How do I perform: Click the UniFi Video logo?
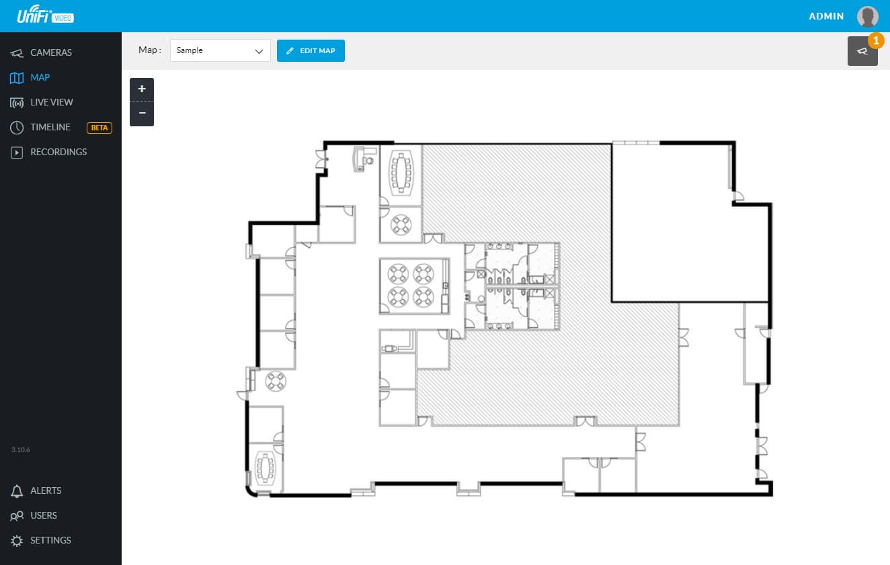pos(45,15)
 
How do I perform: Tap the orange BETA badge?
pos(99,128)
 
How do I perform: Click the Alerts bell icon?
pos(17,491)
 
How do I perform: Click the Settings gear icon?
pos(17,541)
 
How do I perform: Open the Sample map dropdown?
pos(220,50)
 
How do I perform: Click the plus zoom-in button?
pos(142,89)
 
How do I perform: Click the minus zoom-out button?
pos(142,114)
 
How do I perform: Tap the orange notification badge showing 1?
pos(876,40)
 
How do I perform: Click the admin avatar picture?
pos(867,16)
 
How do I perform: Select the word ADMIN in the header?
pos(826,16)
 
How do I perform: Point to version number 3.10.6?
pos(21,450)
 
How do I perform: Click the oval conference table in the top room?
pos(401,172)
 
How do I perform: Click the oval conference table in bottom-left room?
pos(265,468)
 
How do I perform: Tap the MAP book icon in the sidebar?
pos(17,78)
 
